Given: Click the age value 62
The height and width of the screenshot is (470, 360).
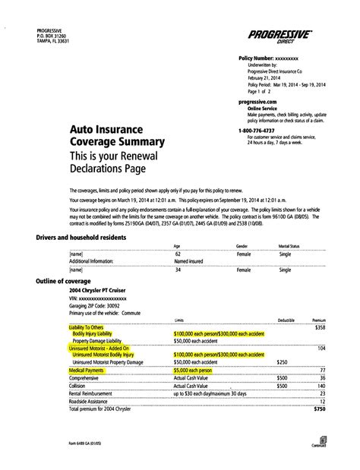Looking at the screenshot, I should (177, 254).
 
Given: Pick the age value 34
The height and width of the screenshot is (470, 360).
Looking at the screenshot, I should (177, 269).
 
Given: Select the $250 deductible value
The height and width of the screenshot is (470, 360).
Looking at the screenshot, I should (283, 362).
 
